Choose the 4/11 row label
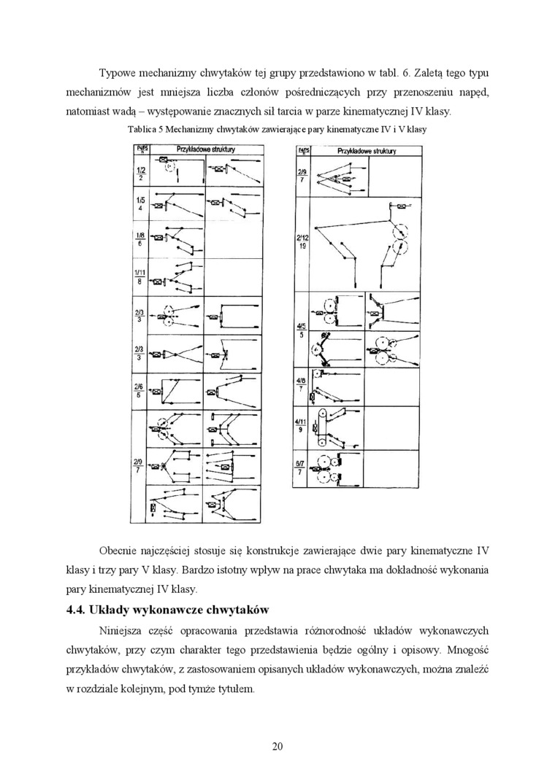(301, 425)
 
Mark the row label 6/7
(301, 467)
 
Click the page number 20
(277, 745)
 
